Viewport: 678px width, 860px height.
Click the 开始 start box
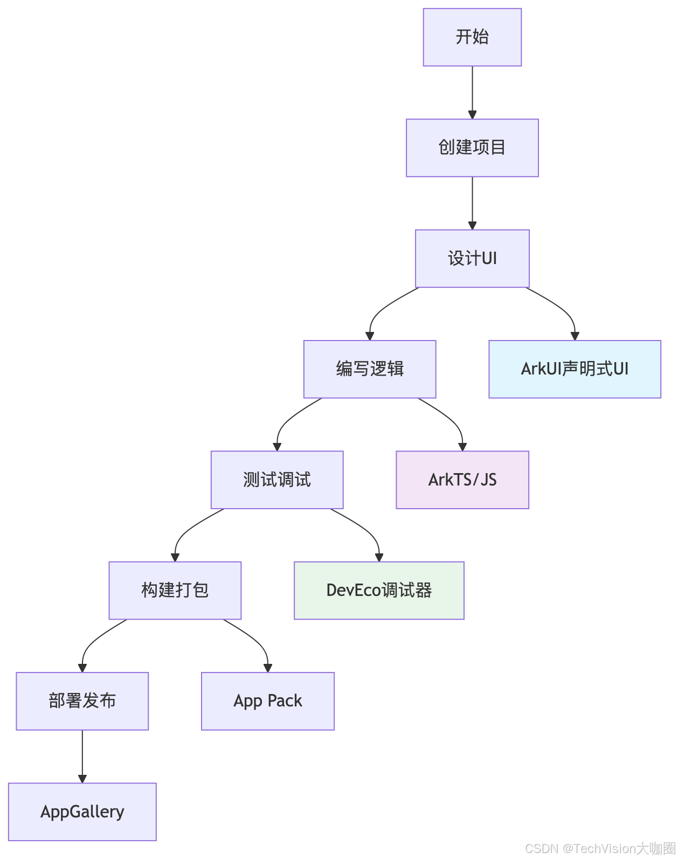coord(472,37)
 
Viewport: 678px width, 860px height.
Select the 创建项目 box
coord(472,148)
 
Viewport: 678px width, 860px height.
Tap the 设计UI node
coord(472,259)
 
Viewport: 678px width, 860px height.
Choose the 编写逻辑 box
coord(370,369)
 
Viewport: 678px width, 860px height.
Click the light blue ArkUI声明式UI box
coord(575,369)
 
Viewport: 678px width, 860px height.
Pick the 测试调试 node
coord(277,480)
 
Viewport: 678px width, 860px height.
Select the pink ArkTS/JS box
coord(462,480)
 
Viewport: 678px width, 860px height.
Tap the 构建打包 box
coord(175,591)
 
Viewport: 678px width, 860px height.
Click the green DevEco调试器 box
coord(379,591)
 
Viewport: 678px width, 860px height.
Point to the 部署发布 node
coord(82,701)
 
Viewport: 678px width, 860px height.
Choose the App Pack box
coord(268,701)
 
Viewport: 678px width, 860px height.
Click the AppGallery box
coord(82,812)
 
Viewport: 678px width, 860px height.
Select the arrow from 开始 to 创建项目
coord(473,92)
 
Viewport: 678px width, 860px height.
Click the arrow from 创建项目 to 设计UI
coord(473,203)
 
